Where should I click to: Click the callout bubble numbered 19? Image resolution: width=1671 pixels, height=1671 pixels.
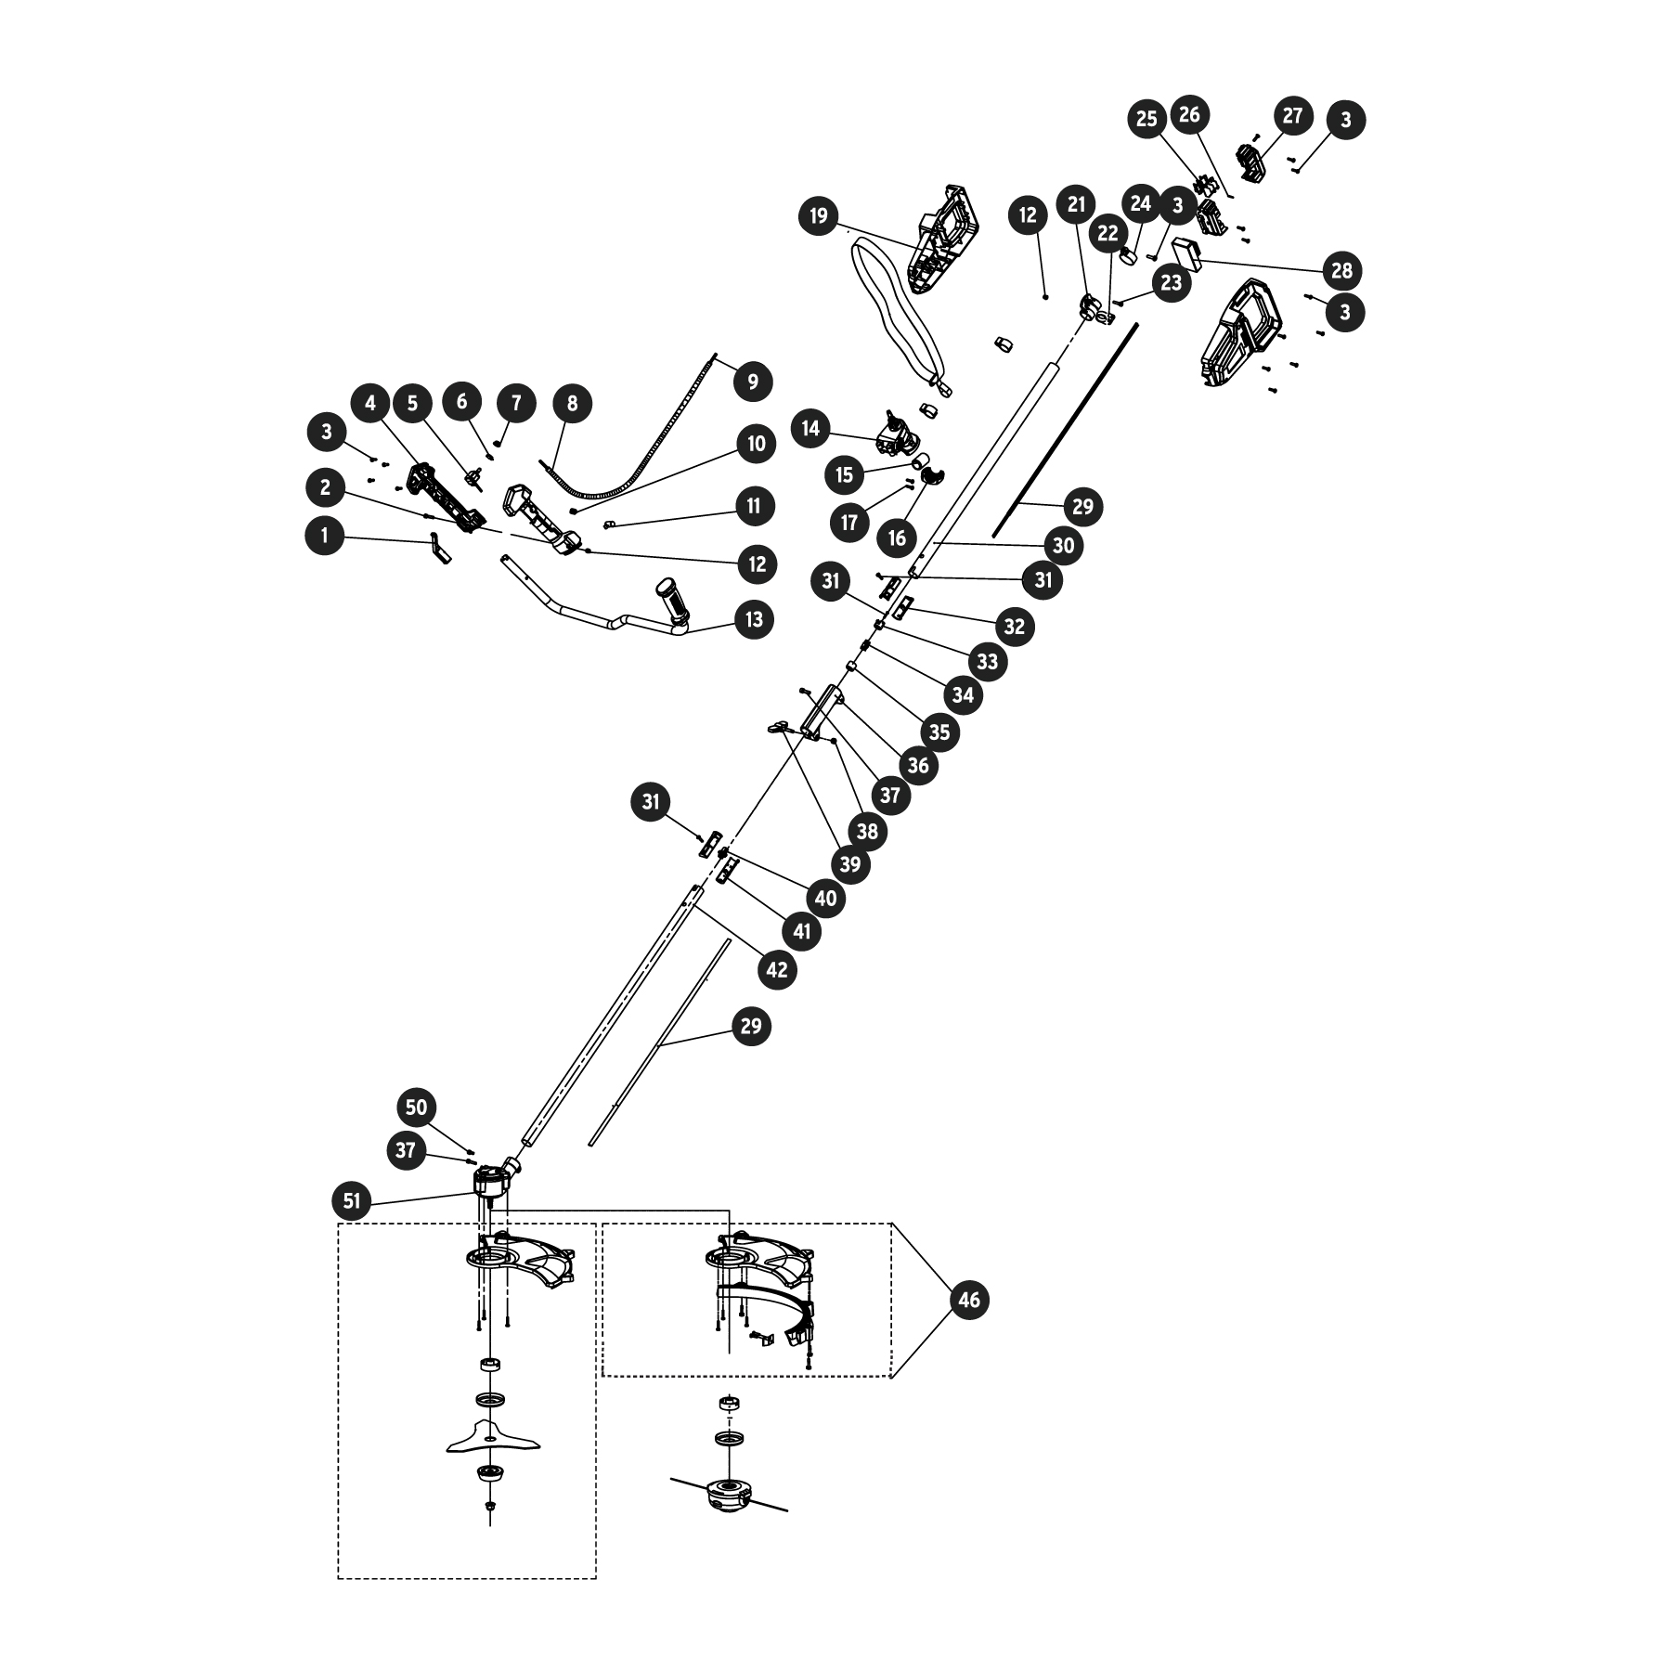[818, 216]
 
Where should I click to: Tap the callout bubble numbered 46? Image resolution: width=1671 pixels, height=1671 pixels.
[968, 1300]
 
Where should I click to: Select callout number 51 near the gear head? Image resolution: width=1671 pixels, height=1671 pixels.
[351, 1201]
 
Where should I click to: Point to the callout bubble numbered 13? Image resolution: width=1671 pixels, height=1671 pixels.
[754, 618]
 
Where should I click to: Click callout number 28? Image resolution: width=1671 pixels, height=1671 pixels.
[1341, 271]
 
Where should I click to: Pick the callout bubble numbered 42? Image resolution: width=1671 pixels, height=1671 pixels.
[776, 969]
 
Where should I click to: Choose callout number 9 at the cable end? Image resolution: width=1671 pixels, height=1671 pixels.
[752, 381]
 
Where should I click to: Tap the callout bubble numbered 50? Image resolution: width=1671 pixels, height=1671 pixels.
[417, 1107]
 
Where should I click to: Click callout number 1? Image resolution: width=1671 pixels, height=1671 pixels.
[325, 536]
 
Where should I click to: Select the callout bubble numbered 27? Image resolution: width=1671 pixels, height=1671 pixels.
[1292, 116]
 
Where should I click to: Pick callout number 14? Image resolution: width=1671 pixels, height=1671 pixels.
[811, 428]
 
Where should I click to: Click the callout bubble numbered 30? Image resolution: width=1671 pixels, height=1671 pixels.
[1063, 545]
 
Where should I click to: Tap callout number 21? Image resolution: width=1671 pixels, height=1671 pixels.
[1076, 204]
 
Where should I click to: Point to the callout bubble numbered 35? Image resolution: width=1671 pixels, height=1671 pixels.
[939, 732]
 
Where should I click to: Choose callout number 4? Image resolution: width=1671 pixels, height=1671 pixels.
[370, 403]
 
